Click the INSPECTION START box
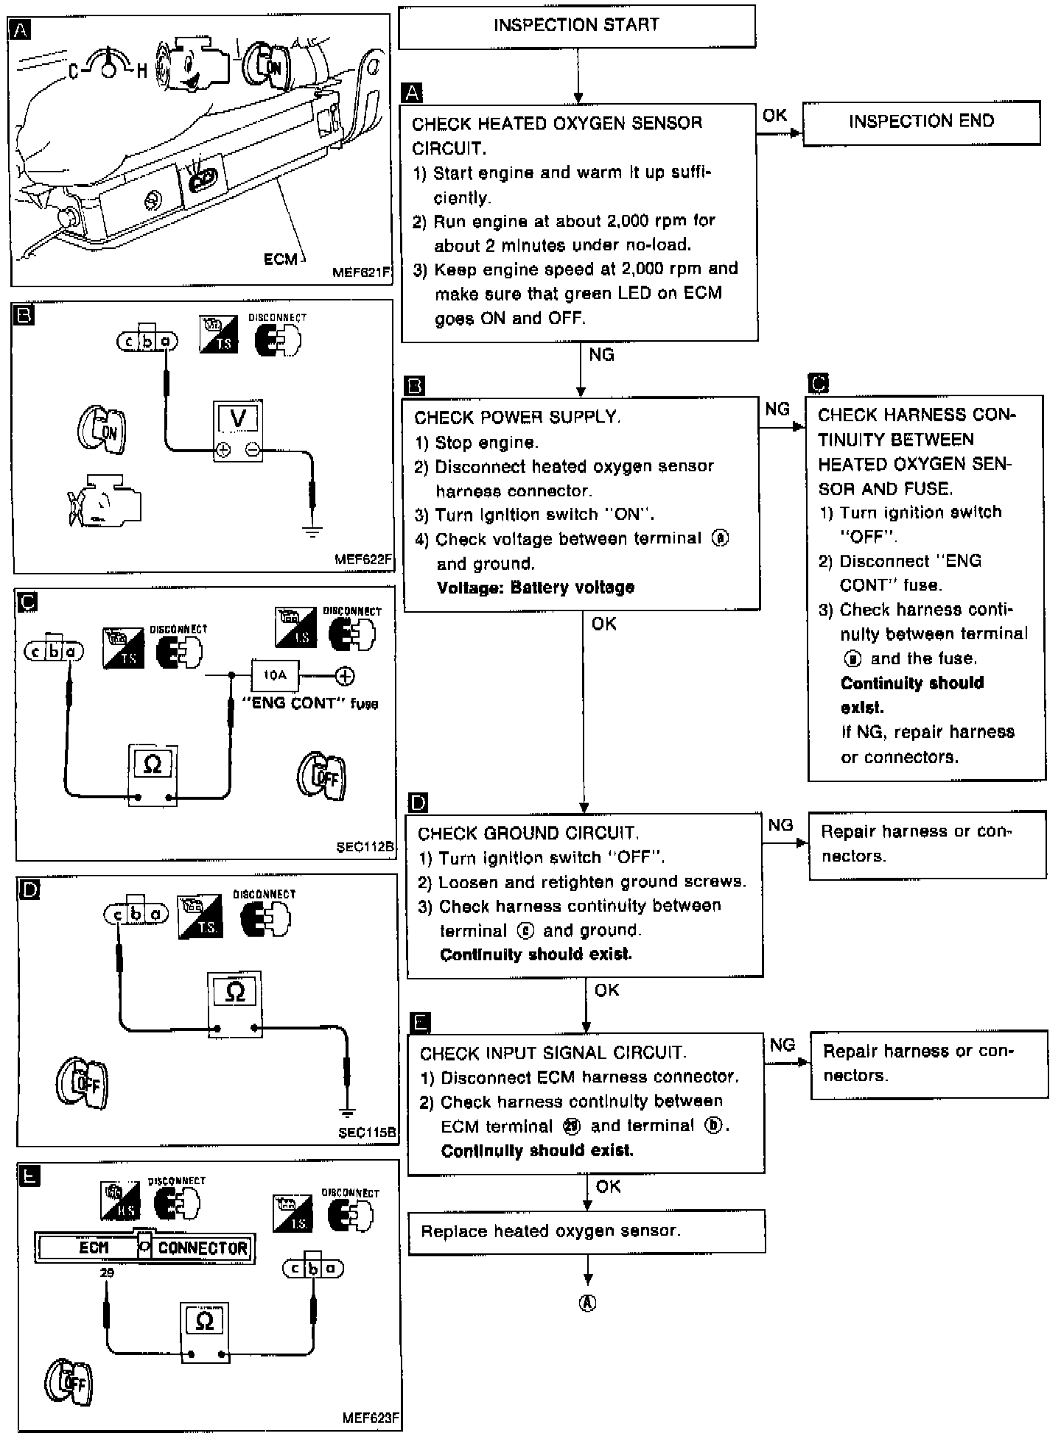pyautogui.click(x=577, y=26)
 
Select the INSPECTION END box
pyautogui.click(x=921, y=122)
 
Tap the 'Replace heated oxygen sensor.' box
pyautogui.click(x=586, y=1231)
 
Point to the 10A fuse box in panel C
pyautogui.click(x=275, y=675)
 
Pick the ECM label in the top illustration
pyautogui.click(x=281, y=259)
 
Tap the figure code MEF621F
pyautogui.click(x=360, y=272)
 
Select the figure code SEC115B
pyautogui.click(x=366, y=1133)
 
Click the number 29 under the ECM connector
pyautogui.click(x=107, y=1273)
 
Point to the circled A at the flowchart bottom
pyautogui.click(x=587, y=1303)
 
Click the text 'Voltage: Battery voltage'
pyautogui.click(x=535, y=588)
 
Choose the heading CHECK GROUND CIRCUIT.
pyautogui.click(x=528, y=834)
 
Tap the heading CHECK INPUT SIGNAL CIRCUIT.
pyautogui.click(x=553, y=1053)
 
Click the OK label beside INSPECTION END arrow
pyautogui.click(x=774, y=116)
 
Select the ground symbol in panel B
pyautogui.click(x=313, y=530)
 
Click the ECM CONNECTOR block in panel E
pyautogui.click(x=145, y=1247)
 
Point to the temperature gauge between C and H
pyautogui.click(x=108, y=65)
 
